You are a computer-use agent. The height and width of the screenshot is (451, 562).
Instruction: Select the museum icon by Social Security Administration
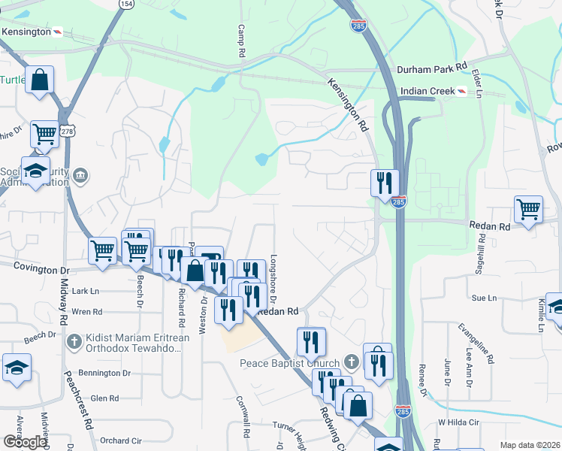point(80,177)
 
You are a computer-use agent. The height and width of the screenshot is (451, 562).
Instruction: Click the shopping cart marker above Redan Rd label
point(528,209)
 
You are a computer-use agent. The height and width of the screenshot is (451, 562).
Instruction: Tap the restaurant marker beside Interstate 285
point(383,182)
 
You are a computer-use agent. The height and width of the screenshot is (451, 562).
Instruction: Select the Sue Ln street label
point(484,298)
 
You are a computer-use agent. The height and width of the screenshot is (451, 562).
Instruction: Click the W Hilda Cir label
point(458,422)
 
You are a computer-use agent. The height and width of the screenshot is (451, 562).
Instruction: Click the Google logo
point(24,442)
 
